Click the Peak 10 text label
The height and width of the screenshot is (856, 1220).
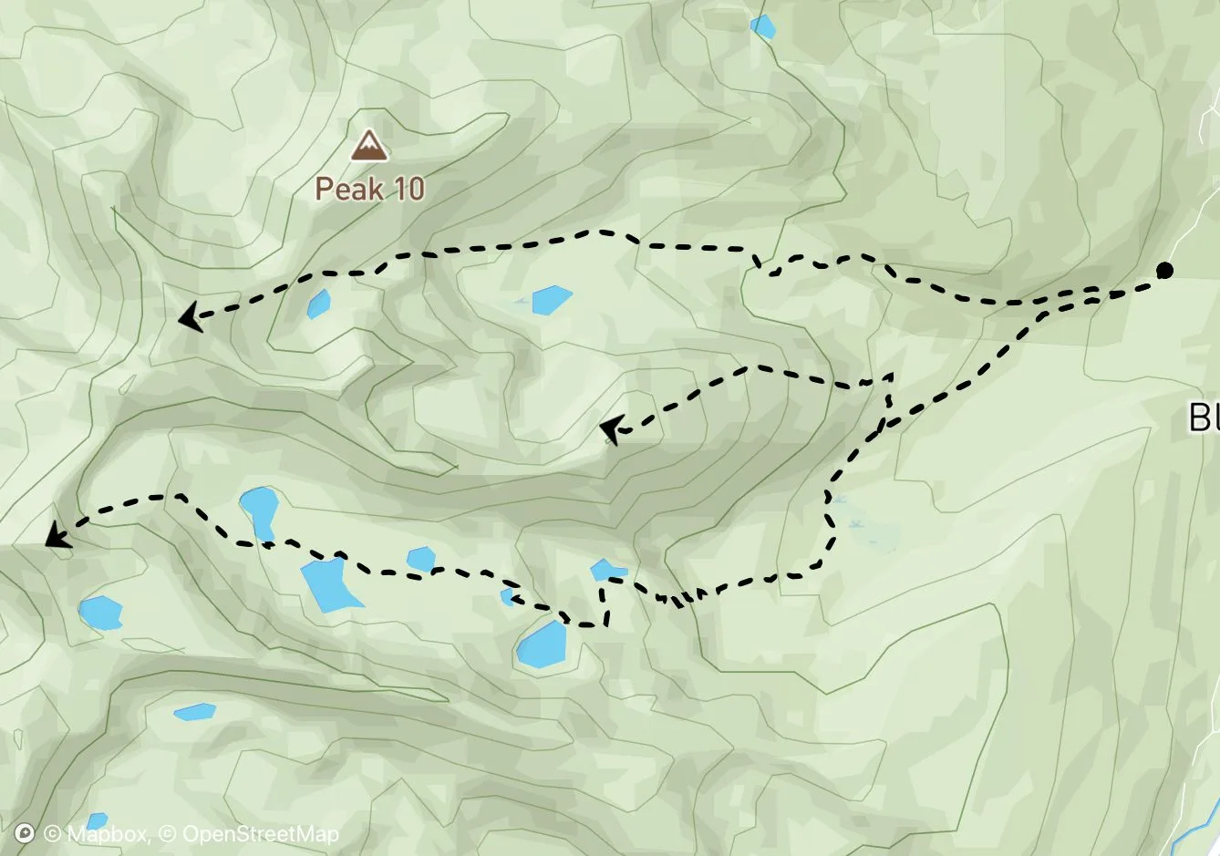click(x=370, y=189)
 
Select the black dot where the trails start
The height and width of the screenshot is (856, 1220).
click(x=1164, y=270)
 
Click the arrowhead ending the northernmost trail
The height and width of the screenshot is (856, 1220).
click(x=189, y=317)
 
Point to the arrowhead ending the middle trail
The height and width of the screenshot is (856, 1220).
click(x=611, y=429)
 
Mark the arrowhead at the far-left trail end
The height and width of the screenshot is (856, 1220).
click(x=57, y=535)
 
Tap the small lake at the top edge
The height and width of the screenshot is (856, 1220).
click(x=762, y=26)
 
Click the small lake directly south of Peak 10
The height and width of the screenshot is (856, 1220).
click(x=318, y=303)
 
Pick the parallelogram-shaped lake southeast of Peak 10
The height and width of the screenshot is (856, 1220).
click(x=551, y=299)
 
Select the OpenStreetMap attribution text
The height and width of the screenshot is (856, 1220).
click(x=260, y=833)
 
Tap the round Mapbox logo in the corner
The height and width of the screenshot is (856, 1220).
click(x=26, y=833)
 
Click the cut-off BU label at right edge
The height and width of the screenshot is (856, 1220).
click(x=1204, y=418)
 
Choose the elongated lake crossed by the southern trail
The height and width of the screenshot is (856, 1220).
click(x=259, y=511)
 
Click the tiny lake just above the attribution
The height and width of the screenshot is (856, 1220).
click(x=97, y=820)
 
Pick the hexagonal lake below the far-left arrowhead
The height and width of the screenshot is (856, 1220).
click(x=100, y=613)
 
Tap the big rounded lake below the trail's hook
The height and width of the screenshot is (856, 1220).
click(x=543, y=645)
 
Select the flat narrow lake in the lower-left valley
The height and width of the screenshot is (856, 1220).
click(x=194, y=711)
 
